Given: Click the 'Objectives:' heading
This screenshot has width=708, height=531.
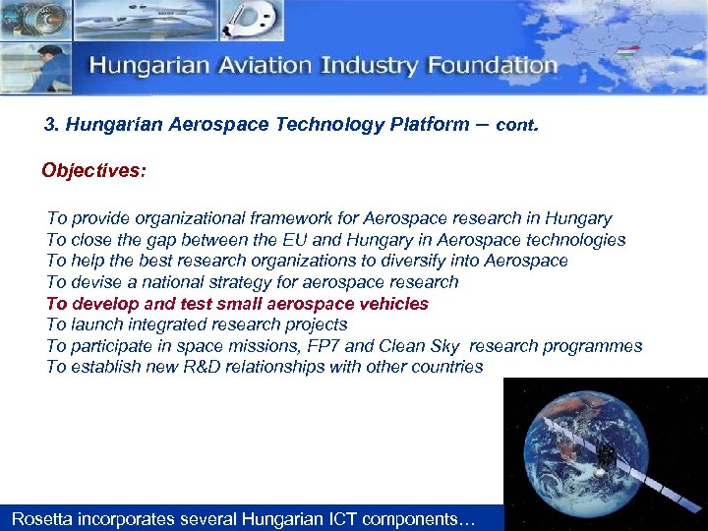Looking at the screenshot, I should tap(93, 171).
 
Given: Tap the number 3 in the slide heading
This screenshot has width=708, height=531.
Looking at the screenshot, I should tap(50, 125).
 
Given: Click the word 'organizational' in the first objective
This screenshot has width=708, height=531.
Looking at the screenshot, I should tap(184, 218).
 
